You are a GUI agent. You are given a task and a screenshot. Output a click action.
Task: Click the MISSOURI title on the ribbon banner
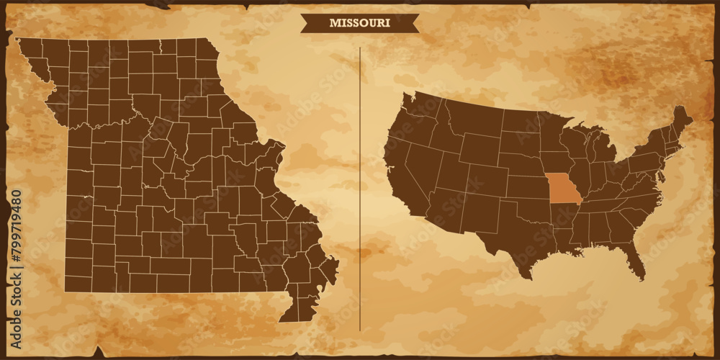point(359,22)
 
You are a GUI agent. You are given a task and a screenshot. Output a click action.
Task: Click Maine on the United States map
point(680,119)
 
